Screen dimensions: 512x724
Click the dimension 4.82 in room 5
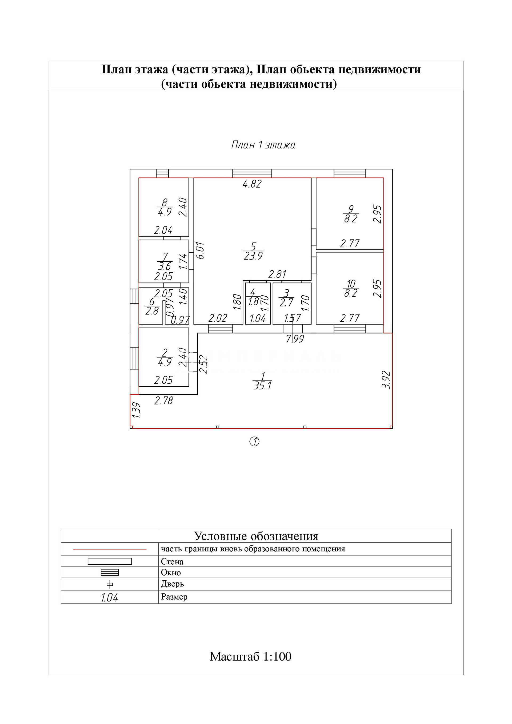coord(252,184)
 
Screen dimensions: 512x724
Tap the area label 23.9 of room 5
coord(253,256)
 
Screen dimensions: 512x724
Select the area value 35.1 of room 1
coord(262,386)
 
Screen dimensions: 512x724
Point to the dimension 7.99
coord(295,339)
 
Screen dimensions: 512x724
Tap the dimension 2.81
coord(277,274)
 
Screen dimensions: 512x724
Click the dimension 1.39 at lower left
coord(136,410)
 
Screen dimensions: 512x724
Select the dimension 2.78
coord(163,401)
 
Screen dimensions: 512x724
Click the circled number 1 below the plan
coord(254,442)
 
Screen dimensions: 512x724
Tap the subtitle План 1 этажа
coord(263,145)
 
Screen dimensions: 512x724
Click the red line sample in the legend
coord(110,549)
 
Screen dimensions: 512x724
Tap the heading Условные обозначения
coord(256,536)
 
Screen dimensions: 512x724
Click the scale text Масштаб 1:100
coord(251,657)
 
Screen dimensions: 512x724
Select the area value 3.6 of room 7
coord(165,266)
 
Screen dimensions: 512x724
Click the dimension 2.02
coord(218,318)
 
